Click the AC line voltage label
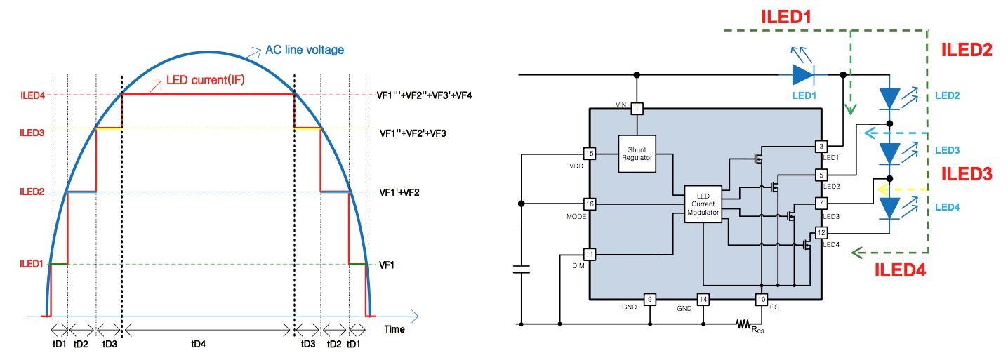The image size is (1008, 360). click(x=305, y=50)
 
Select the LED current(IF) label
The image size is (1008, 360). click(x=205, y=80)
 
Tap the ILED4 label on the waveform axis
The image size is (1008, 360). click(x=32, y=95)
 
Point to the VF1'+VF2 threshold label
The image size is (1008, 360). click(x=399, y=192)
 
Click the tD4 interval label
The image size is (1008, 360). click(x=199, y=345)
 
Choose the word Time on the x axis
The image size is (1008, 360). click(x=394, y=329)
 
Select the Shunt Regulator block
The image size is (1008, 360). click(x=637, y=154)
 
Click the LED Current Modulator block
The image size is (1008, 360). click(x=703, y=204)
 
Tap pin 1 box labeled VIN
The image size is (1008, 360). click(x=637, y=109)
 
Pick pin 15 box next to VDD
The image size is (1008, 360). click(x=590, y=154)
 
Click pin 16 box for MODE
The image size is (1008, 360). click(x=590, y=204)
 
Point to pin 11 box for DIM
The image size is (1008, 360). click(x=590, y=255)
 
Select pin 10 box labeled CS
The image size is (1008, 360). click(x=762, y=299)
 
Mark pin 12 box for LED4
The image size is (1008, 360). click(x=821, y=233)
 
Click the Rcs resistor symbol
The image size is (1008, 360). click(x=743, y=324)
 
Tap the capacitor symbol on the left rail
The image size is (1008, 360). click(x=521, y=269)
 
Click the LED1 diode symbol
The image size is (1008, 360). click(x=803, y=74)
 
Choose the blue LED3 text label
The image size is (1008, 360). click(x=947, y=150)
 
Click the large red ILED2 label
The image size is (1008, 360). click(x=967, y=50)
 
